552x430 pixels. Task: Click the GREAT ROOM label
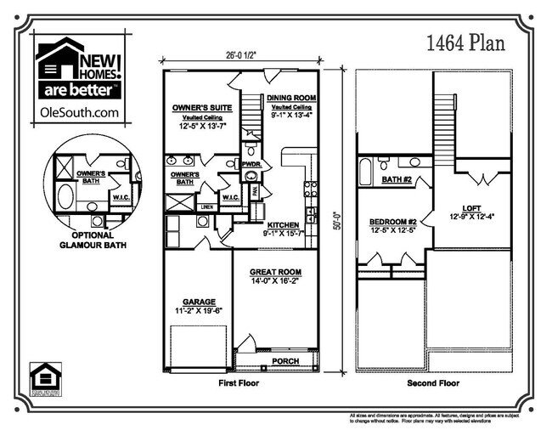(275, 273)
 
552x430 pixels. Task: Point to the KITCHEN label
(282, 224)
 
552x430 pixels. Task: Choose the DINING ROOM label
(291, 98)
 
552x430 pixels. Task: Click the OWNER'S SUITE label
(197, 109)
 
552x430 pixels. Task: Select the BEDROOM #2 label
(392, 220)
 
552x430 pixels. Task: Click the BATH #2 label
(396, 180)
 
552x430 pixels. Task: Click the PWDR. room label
(251, 163)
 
